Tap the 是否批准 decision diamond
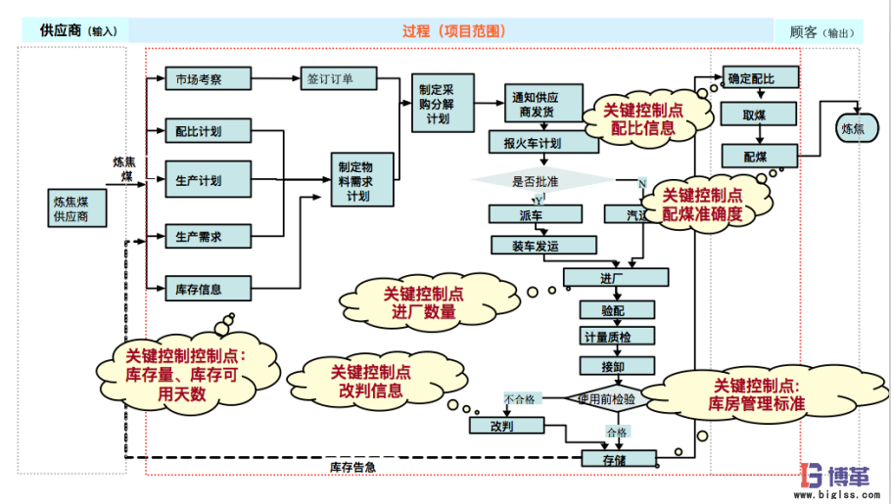tap(539, 181)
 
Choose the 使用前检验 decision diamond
tap(613, 399)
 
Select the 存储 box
tap(613, 458)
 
